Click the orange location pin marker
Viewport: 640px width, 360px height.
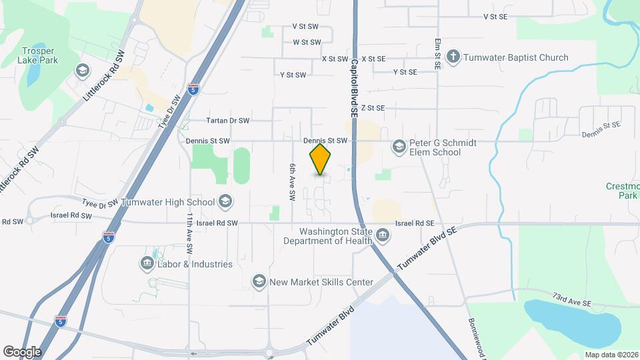pos(321,160)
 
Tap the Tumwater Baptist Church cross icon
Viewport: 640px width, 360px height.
pos(453,57)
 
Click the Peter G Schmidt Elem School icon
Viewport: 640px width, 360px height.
pos(399,146)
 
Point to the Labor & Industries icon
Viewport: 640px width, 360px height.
pos(147,264)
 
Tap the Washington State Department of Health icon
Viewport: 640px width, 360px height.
pos(383,235)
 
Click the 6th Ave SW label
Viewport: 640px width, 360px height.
pos(292,183)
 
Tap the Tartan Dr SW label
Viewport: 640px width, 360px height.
pos(227,121)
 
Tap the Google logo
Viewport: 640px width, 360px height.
pos(22,351)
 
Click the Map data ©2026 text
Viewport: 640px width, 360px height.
pos(610,355)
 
